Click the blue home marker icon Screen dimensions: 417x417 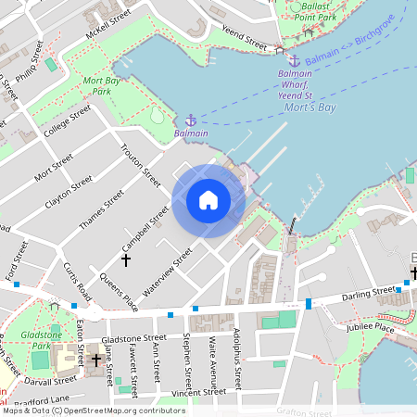pyautogui.click(x=208, y=200)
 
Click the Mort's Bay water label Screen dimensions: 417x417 pyautogui.click(x=310, y=108)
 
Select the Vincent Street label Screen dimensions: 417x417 pyautogui.click(x=192, y=393)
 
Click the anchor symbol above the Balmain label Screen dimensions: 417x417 pyautogui.click(x=190, y=120)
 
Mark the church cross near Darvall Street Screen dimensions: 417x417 pyautogui.click(x=95, y=359)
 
